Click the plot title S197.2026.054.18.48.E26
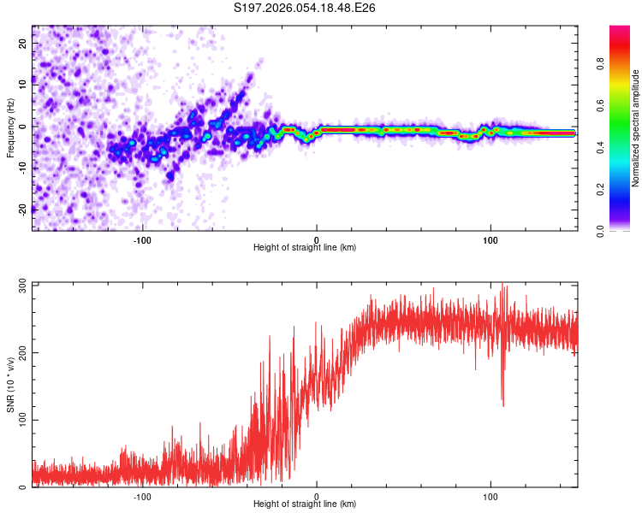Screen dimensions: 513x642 (x=306, y=8)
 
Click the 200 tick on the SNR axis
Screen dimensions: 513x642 (x=23, y=352)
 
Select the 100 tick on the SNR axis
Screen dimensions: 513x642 (x=23, y=420)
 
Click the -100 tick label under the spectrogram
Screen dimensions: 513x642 (x=142, y=239)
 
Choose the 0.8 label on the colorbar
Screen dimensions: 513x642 (x=602, y=63)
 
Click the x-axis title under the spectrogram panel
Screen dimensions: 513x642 (x=305, y=248)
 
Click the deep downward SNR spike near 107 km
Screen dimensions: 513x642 (x=502, y=402)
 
